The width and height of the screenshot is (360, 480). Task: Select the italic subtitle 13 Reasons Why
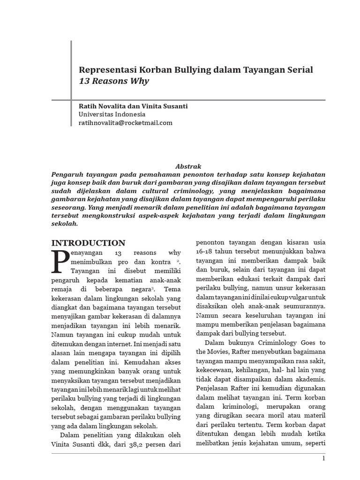[113, 81]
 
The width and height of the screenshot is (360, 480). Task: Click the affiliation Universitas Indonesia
[112, 114]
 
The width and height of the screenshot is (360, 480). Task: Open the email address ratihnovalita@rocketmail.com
[126, 123]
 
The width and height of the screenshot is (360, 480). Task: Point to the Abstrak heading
[188, 166]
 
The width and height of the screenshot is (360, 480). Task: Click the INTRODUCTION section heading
[88, 243]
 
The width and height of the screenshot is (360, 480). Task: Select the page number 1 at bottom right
[323, 458]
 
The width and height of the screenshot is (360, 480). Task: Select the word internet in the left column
[116, 343]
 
